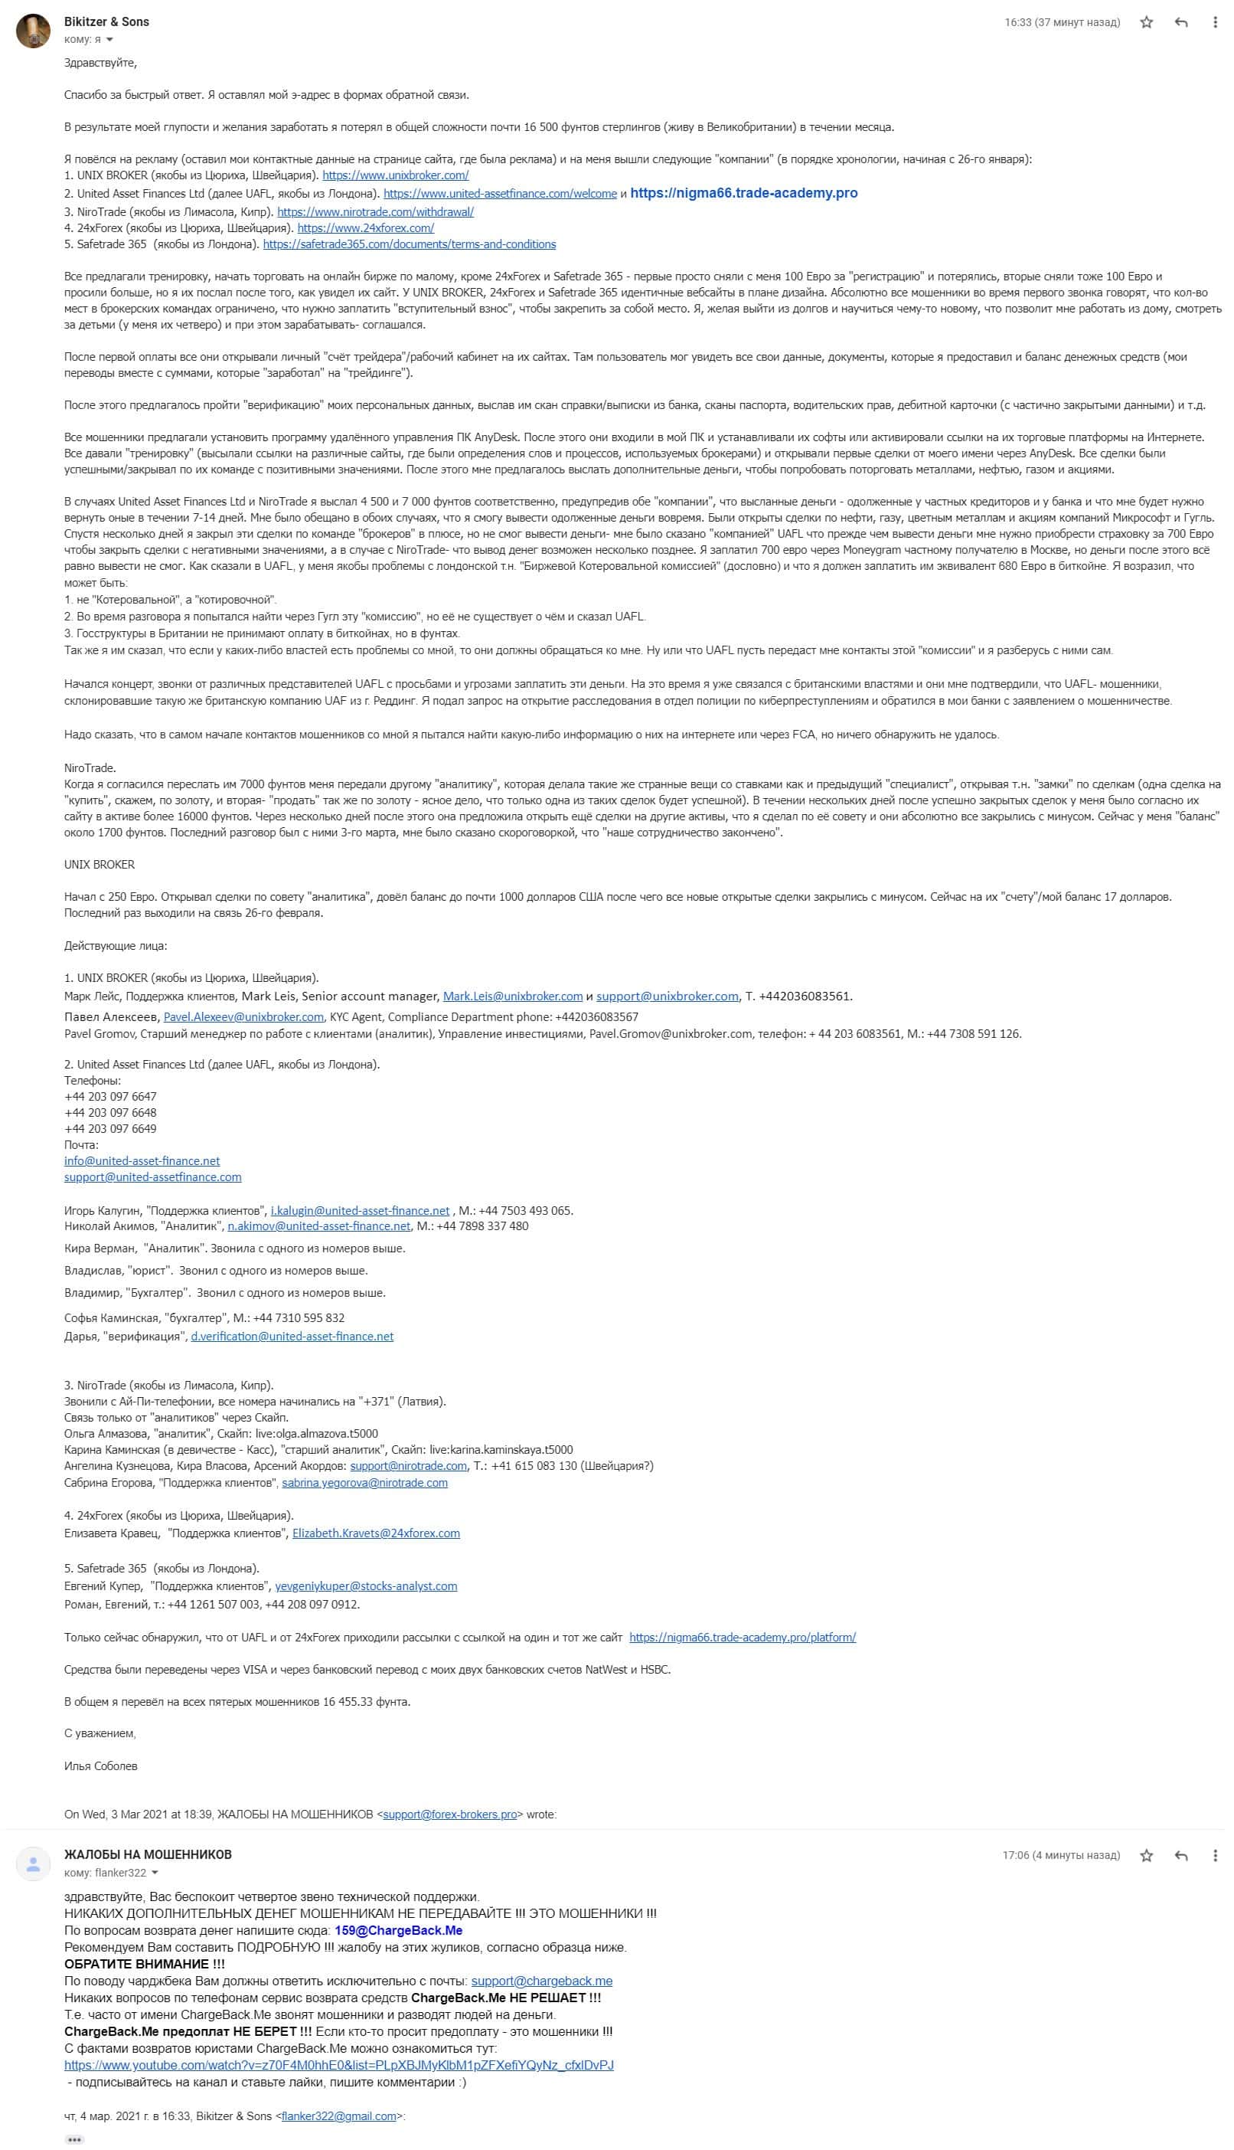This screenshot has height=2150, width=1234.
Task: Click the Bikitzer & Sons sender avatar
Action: click(33, 31)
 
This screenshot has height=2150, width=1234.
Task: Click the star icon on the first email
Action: click(1146, 23)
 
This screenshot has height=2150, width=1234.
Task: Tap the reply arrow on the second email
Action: click(1180, 1856)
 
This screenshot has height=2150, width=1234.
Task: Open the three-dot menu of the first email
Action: click(1215, 23)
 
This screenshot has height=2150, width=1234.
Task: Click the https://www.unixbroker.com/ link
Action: click(395, 175)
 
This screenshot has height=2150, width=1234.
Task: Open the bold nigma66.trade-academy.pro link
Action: click(743, 193)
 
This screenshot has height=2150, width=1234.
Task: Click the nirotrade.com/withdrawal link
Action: click(374, 212)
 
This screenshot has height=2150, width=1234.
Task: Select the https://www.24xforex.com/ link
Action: click(365, 228)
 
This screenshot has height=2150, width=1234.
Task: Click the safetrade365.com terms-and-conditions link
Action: click(410, 244)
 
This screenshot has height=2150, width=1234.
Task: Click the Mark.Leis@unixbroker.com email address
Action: click(512, 996)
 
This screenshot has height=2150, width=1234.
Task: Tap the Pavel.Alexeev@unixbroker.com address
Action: click(243, 1016)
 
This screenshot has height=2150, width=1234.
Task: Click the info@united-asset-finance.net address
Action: click(142, 1160)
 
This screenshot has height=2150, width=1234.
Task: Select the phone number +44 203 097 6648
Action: click(110, 1112)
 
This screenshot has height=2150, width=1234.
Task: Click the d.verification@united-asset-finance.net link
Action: click(292, 1336)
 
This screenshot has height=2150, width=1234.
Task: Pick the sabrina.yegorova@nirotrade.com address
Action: click(364, 1483)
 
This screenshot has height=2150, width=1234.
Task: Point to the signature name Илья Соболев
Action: click(101, 1766)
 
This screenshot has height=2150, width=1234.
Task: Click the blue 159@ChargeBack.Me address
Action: click(398, 1930)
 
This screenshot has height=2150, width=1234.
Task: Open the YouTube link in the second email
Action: click(339, 2065)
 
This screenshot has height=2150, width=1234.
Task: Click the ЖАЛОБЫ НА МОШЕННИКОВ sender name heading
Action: click(148, 1854)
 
